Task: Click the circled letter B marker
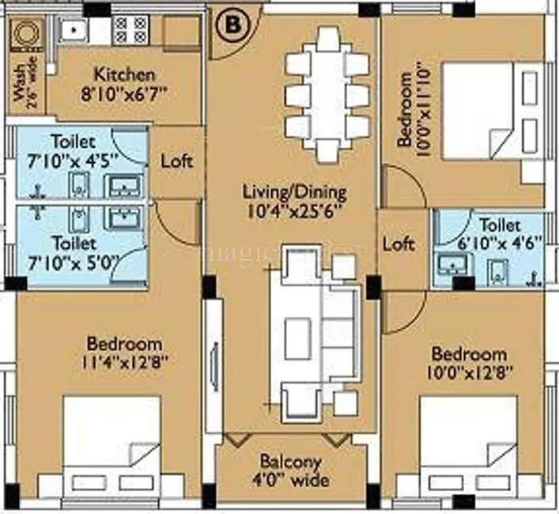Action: point(232,25)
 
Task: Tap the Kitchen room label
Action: point(124,76)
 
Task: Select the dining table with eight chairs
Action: point(327,95)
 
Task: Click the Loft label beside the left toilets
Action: point(176,160)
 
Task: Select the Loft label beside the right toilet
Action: point(398,244)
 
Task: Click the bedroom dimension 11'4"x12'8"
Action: point(124,362)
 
